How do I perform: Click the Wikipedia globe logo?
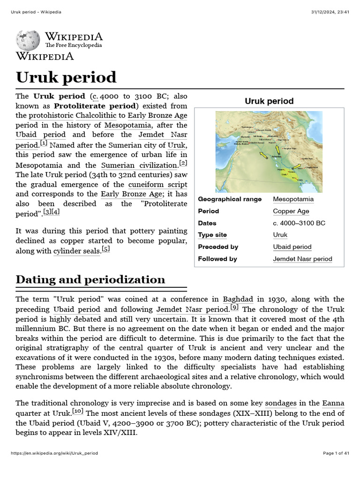click(29, 41)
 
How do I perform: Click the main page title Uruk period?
click(66, 77)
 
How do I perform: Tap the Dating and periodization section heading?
click(90, 279)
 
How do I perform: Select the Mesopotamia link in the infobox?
click(293, 199)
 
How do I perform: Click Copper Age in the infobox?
click(291, 211)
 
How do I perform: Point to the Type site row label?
click(212, 235)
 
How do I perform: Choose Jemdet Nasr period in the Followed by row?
click(302, 259)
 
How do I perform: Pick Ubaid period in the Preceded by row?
click(292, 247)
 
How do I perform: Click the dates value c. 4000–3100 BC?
click(299, 223)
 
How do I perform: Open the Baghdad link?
click(238, 299)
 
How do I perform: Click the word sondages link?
click(280, 403)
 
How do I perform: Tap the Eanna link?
click(333, 403)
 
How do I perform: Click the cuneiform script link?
click(157, 185)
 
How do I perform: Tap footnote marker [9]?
click(234, 307)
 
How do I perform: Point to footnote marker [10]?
click(78, 412)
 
